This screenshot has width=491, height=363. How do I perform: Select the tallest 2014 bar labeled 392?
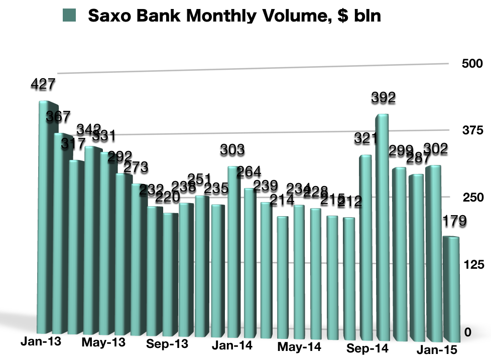(x=383, y=226)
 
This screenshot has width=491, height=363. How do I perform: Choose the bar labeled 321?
(x=365, y=246)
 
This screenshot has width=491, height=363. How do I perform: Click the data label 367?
(x=58, y=117)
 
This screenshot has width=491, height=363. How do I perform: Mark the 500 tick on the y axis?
(x=472, y=64)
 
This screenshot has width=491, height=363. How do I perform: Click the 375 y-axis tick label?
(x=472, y=131)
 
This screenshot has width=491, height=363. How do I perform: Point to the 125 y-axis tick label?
(x=472, y=265)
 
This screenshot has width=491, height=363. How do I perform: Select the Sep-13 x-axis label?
(x=168, y=344)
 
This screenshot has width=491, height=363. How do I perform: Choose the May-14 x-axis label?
(x=299, y=346)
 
